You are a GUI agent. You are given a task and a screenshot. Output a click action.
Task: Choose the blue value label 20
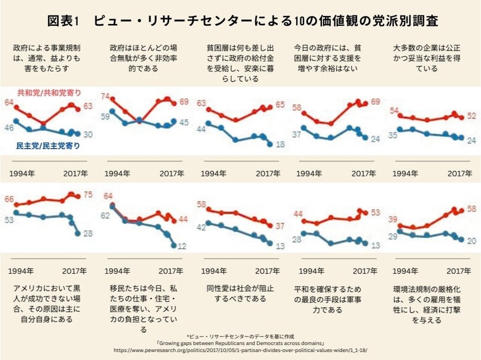(470, 241)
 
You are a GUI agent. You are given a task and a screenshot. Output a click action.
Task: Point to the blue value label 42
(200, 227)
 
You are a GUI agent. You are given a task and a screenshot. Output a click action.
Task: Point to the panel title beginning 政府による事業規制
(46, 58)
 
